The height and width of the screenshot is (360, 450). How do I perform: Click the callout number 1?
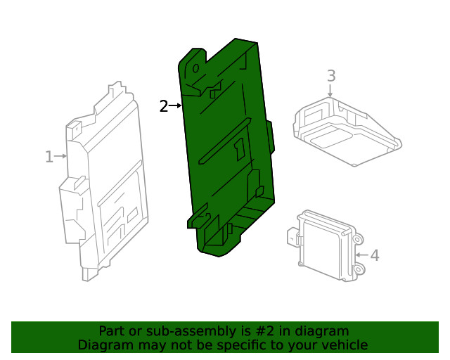49,157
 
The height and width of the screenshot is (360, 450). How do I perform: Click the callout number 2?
163,107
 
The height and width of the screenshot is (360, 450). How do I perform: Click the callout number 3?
330,76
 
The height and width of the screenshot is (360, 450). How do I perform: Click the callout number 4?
374,255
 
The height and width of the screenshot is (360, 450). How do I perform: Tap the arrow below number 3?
330,90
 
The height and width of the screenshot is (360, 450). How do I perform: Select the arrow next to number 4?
361,255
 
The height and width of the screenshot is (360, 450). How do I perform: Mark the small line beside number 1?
60,157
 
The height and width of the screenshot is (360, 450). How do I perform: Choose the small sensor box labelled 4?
327,243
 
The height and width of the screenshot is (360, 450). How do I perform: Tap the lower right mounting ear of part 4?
359,269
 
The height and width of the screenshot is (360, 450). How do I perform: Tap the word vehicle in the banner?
345,345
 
